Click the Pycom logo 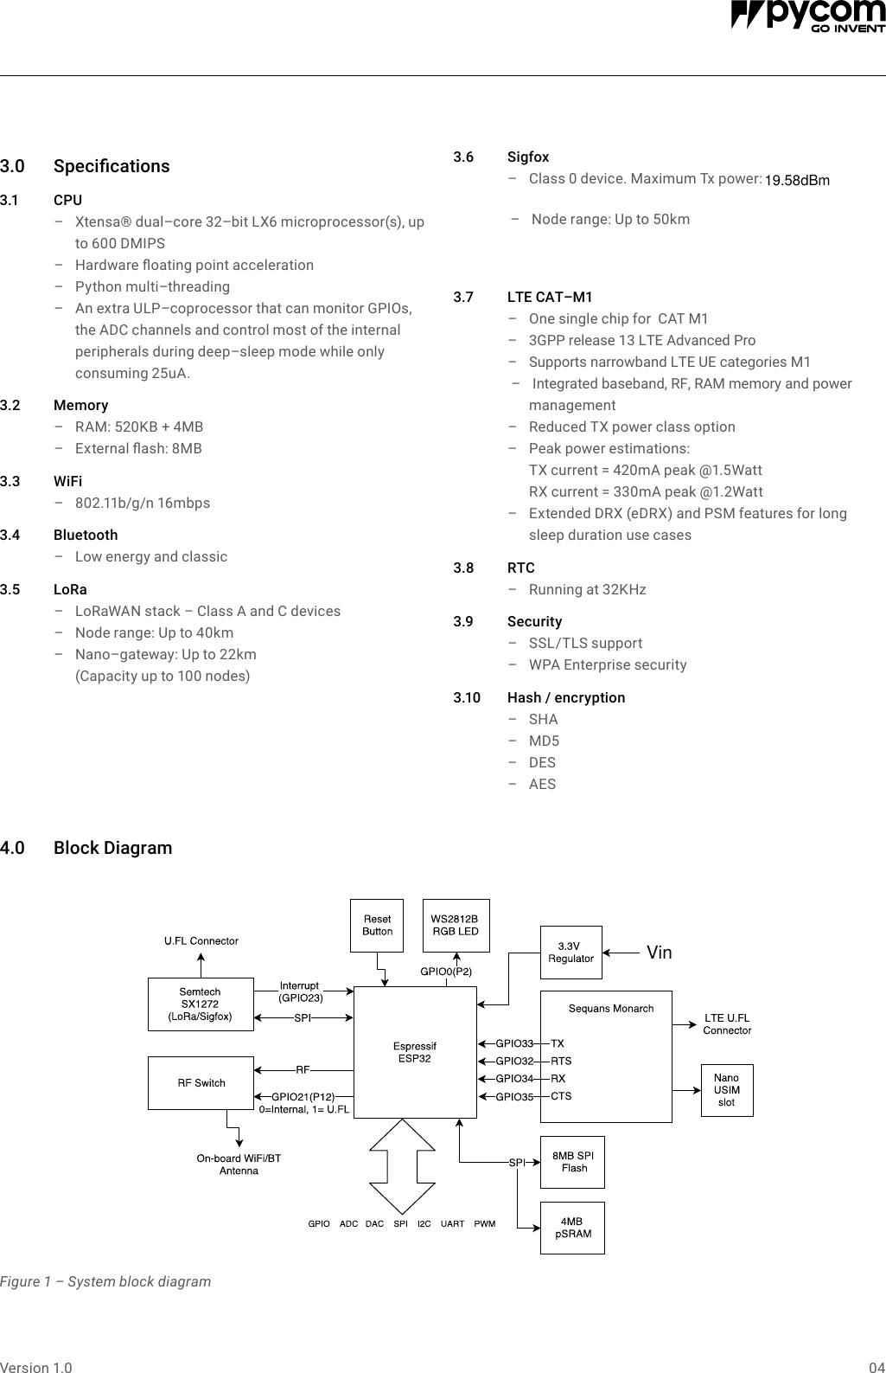tap(807, 16)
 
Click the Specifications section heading tap(112, 166)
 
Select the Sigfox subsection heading tap(527, 157)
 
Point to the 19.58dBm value tap(797, 180)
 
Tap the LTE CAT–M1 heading tap(550, 297)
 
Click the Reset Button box tap(377, 925)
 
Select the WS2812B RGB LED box tap(455, 925)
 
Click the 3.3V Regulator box tap(570, 953)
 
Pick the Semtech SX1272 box tap(201, 1004)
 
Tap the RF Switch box tap(201, 1083)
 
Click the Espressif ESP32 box tap(415, 1052)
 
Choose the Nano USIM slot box tap(726, 1090)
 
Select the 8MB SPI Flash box tap(572, 1162)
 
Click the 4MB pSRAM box tap(572, 1228)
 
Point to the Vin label tap(659, 953)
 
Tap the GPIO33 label tap(514, 1043)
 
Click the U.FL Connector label tap(201, 940)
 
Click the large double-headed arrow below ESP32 tap(403, 1166)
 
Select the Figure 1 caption tap(105, 1281)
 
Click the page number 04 tap(876, 1368)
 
